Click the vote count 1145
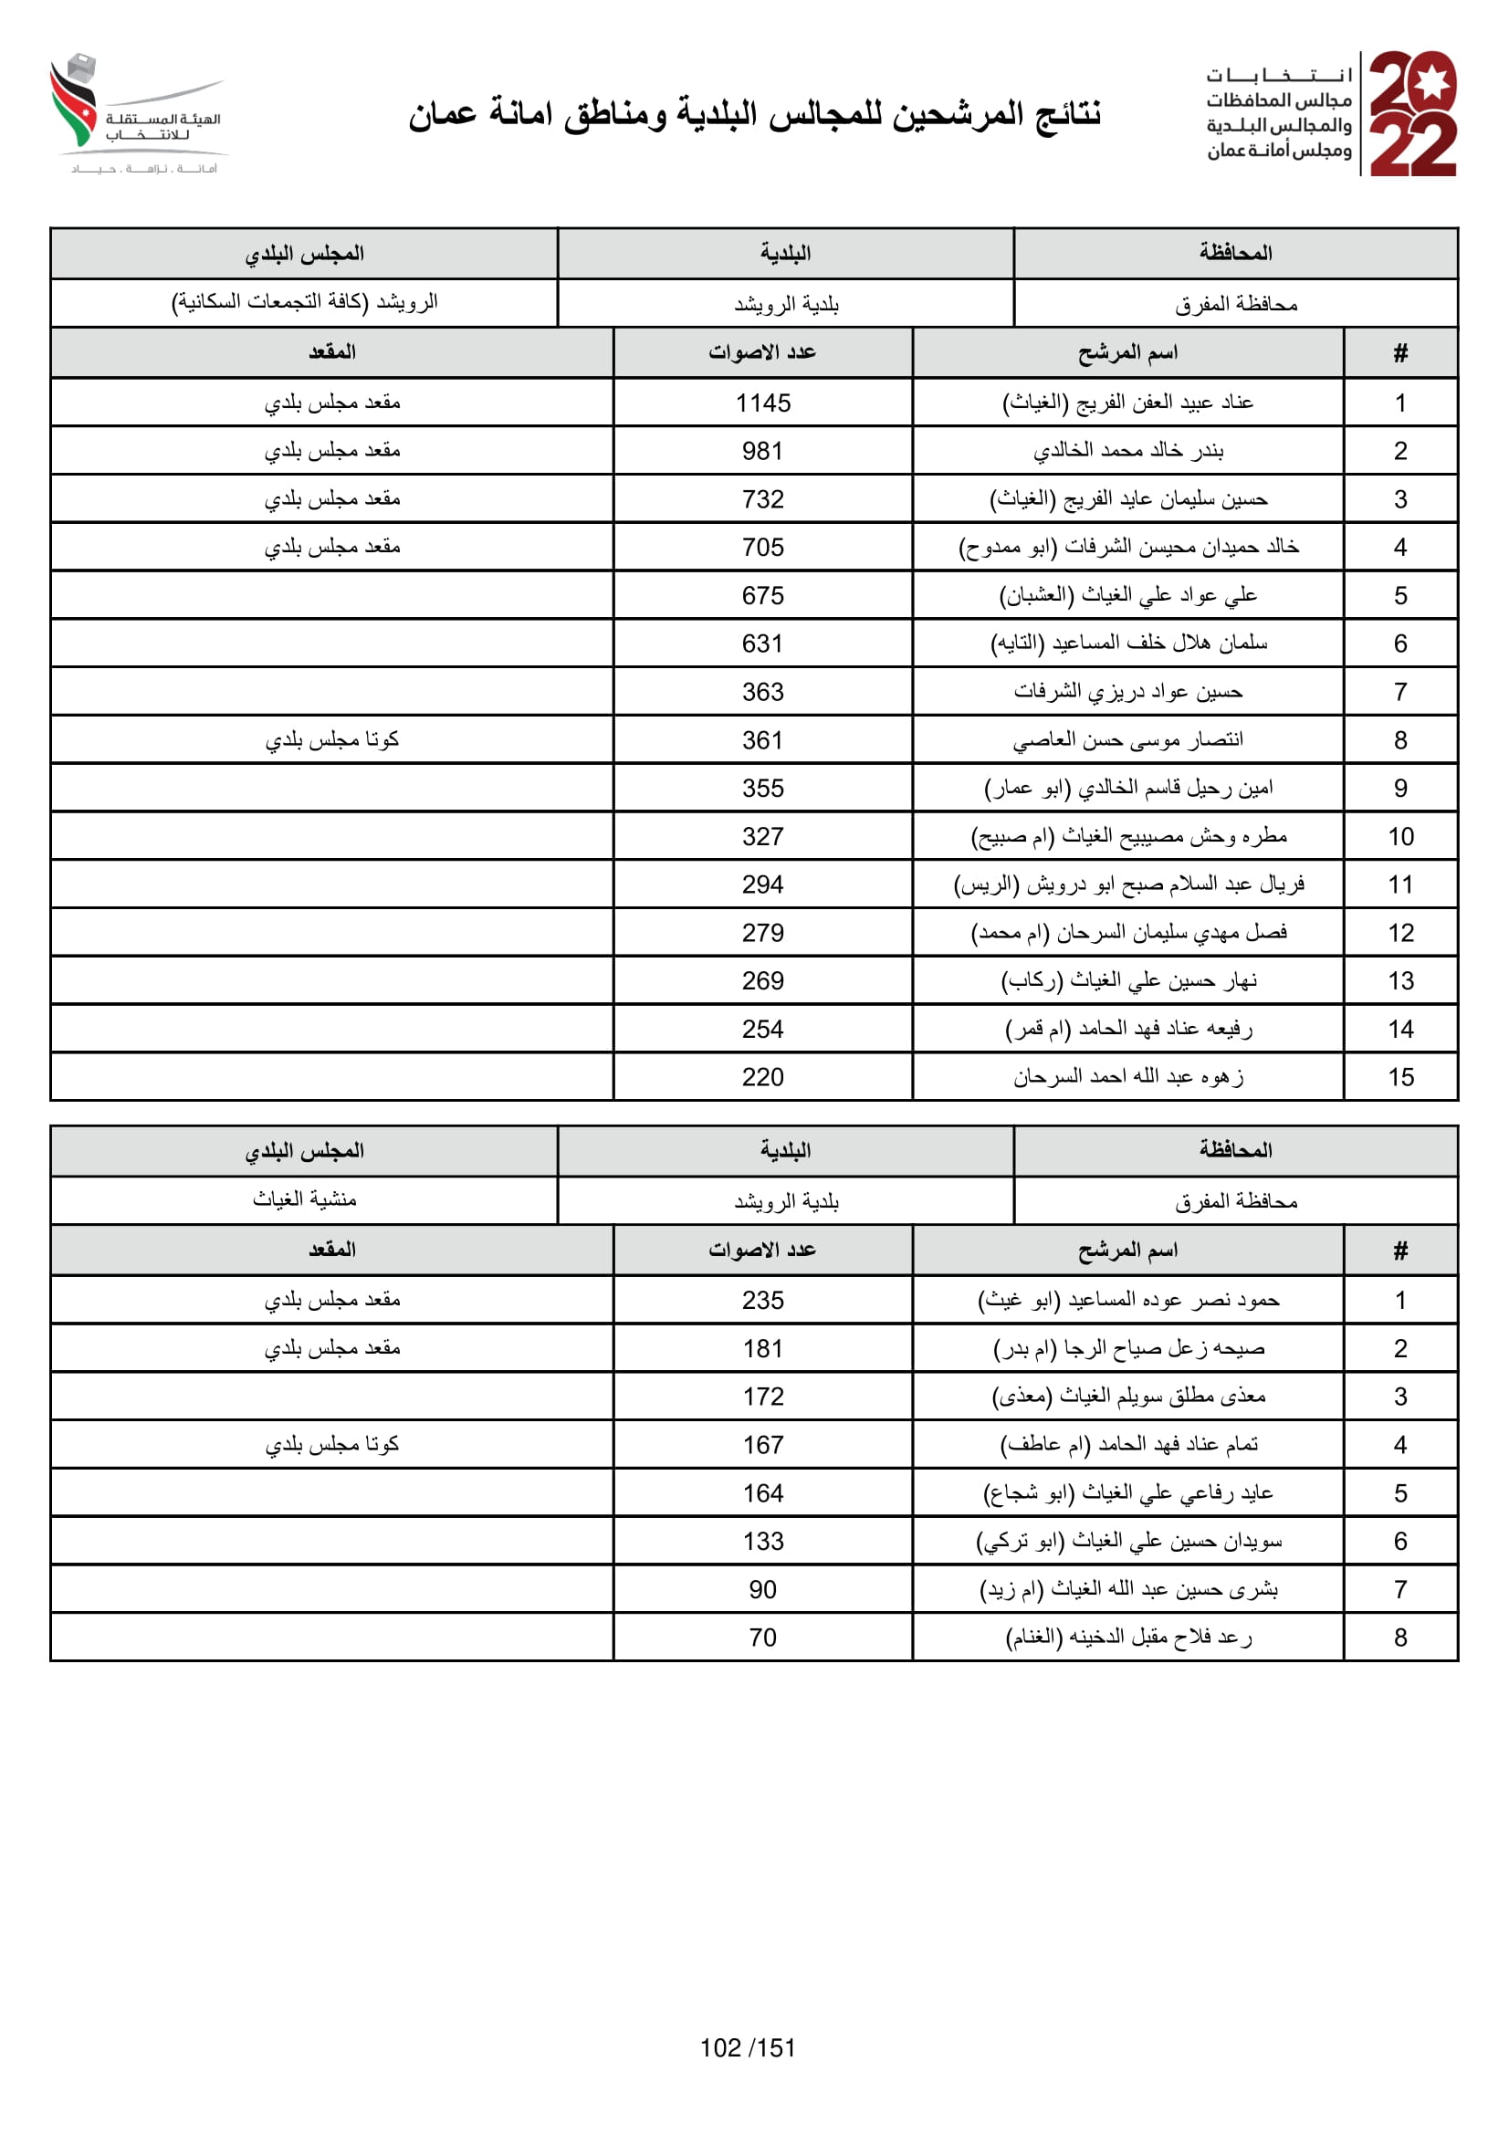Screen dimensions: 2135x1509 click(762, 403)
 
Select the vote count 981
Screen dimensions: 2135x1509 click(762, 451)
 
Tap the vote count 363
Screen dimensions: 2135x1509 click(762, 692)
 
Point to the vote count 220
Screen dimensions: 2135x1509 click(762, 1077)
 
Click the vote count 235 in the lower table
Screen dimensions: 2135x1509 click(762, 1300)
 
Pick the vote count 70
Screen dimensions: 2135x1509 click(762, 1638)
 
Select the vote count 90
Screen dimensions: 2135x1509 click(762, 1589)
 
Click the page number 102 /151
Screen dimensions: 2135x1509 click(748, 2047)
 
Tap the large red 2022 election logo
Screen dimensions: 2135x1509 click(1412, 113)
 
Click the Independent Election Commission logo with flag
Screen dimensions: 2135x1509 click(140, 113)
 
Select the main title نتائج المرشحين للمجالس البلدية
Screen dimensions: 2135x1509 click(754, 114)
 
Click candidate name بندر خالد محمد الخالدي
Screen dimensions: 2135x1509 click(1127, 451)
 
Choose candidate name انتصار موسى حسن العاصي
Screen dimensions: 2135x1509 click(1127, 740)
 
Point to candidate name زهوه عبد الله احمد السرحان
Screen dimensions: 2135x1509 click(1127, 1077)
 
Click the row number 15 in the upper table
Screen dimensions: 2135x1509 click(1400, 1077)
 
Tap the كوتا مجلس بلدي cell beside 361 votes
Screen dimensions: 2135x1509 click(332, 740)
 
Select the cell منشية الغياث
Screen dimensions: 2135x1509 click(304, 1199)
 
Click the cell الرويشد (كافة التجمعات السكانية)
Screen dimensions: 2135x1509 click(304, 302)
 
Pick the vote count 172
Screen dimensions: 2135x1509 click(762, 1397)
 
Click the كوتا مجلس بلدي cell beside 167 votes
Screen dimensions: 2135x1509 click(332, 1444)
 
